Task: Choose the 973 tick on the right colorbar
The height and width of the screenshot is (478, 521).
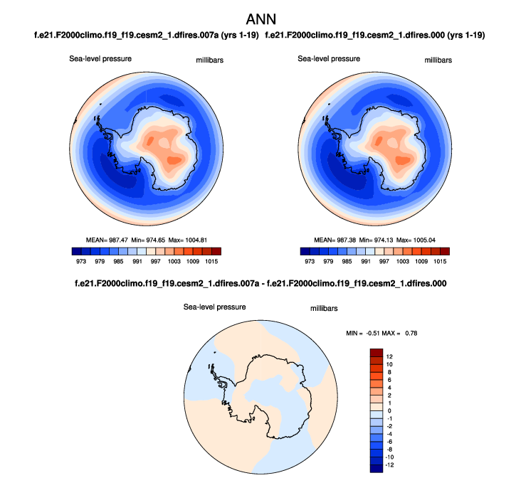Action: click(x=310, y=261)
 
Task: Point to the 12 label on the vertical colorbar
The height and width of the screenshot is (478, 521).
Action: click(x=389, y=355)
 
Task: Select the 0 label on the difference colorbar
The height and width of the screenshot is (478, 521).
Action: click(x=389, y=410)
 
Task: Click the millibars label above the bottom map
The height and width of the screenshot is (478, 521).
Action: click(x=323, y=309)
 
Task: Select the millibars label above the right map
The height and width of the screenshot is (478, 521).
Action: click(x=437, y=60)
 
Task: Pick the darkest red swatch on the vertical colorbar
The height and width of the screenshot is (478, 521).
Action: click(x=377, y=352)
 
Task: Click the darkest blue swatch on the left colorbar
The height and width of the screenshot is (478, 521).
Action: click(x=76, y=250)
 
